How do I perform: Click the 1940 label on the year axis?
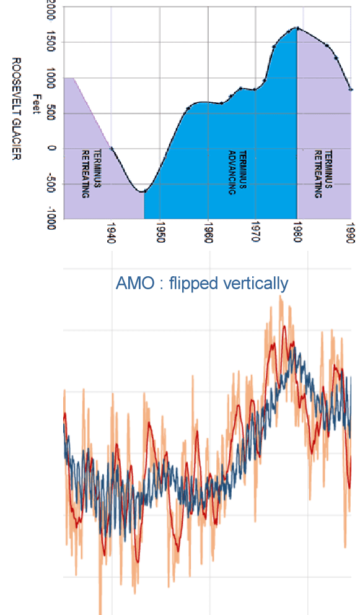click(112, 233)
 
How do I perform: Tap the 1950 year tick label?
click(160, 233)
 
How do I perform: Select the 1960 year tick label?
click(208, 233)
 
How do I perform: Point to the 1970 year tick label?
click(255, 233)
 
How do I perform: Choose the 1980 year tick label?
click(297, 233)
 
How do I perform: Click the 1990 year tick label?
click(351, 233)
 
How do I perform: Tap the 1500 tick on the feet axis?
click(51, 41)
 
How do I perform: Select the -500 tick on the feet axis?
click(51, 183)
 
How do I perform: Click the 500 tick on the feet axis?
click(51, 113)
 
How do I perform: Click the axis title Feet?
click(37, 104)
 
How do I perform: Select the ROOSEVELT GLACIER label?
click(16, 108)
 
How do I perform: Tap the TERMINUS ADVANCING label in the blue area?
click(237, 173)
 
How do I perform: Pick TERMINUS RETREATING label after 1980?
click(323, 174)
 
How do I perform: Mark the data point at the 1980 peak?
click(297, 28)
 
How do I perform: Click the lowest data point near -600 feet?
click(144, 191)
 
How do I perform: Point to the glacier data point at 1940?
click(112, 149)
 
